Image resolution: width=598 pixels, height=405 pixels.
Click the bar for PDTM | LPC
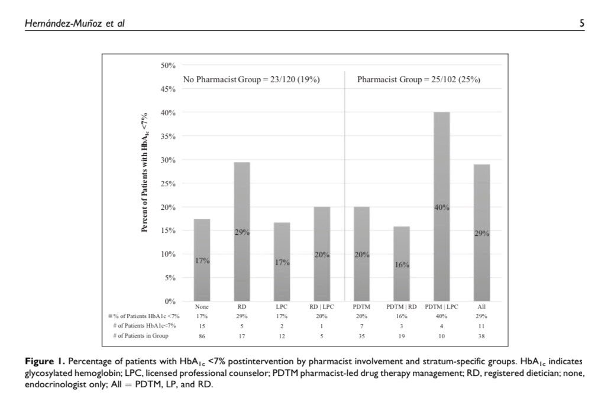click(x=441, y=207)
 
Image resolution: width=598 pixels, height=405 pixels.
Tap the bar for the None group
click(x=202, y=260)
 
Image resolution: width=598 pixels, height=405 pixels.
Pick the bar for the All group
click(x=481, y=233)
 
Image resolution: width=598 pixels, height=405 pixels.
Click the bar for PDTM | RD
click(x=402, y=264)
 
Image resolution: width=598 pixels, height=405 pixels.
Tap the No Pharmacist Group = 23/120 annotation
click(x=251, y=80)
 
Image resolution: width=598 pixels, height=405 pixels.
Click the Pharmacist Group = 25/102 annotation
click(x=418, y=80)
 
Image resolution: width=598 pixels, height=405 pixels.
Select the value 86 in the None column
click(x=202, y=336)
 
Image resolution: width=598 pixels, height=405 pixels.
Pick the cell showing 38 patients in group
click(x=481, y=336)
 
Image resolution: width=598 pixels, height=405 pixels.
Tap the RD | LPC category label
click(x=322, y=307)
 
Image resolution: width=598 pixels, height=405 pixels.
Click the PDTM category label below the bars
click(x=361, y=307)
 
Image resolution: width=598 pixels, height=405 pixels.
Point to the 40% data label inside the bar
click(x=441, y=207)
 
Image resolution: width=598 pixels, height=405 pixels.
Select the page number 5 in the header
click(x=582, y=24)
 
